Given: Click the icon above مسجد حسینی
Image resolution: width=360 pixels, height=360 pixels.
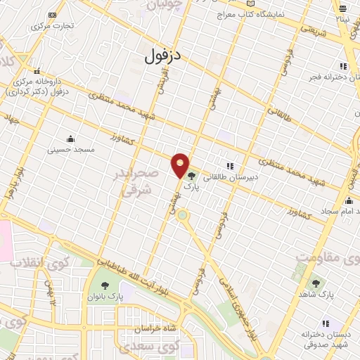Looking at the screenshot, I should (70, 138).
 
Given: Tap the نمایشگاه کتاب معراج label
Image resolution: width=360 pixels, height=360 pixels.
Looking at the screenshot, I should (260, 14).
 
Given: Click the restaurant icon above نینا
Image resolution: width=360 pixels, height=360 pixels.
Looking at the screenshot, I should (342, 10).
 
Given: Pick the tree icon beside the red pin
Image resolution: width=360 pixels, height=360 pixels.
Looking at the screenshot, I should (192, 176).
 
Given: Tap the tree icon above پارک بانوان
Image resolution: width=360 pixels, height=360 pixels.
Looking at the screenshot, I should (105, 285).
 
